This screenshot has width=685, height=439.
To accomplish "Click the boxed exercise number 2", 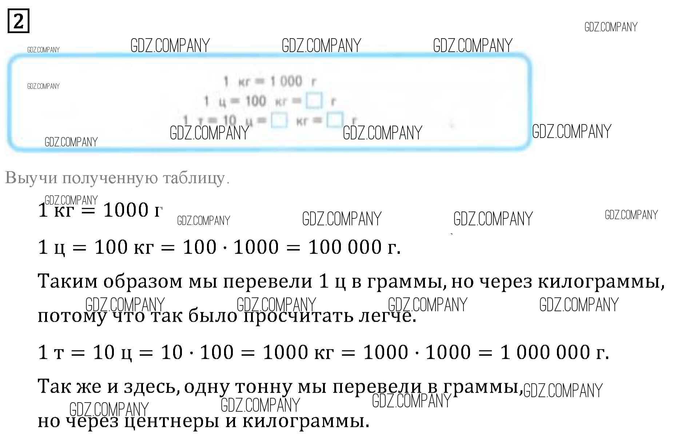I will pos(18,21).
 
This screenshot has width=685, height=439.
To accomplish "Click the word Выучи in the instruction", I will pos(31,178).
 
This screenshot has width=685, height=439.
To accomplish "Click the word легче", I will pos(387,316).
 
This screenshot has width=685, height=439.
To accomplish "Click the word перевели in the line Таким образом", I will pos(267,281).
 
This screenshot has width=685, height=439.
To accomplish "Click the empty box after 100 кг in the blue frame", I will pos(314,101).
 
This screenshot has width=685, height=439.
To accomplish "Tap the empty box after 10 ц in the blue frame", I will pos(279,120).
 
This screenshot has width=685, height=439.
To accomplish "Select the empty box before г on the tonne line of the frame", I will pos(335,120).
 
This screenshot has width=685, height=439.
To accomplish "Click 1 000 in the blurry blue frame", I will pos(286,81).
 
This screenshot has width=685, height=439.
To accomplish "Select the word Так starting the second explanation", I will pos(55,387).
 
